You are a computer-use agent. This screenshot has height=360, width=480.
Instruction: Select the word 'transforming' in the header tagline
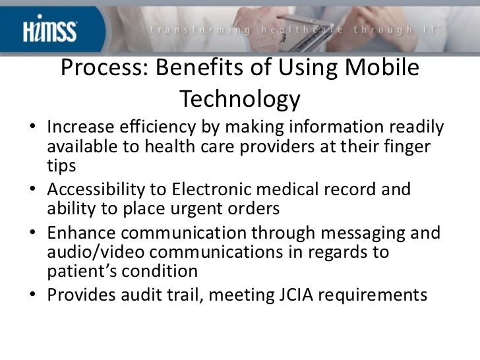(x=194, y=28)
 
